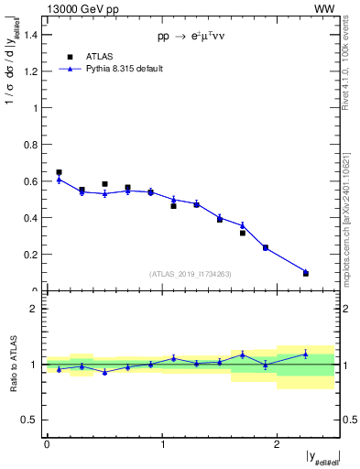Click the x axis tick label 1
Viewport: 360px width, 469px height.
pos(163,444)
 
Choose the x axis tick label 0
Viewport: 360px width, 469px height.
pos(47,444)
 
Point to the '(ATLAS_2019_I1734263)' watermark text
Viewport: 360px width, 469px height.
pos(191,274)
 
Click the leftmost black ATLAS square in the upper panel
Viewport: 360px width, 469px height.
pos(59,172)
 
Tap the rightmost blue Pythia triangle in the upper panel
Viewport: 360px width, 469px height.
pos(306,272)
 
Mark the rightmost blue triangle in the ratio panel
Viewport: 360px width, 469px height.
pos(306,354)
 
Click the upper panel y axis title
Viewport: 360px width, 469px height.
pos(12,82)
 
